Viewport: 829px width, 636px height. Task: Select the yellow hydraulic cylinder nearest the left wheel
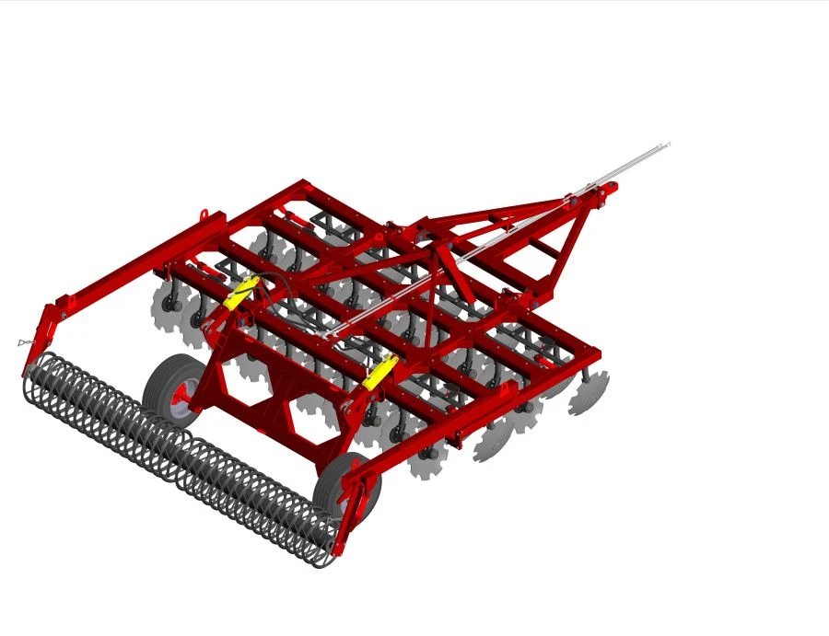(x=242, y=292)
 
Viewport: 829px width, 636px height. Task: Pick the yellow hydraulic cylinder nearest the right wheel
(x=379, y=371)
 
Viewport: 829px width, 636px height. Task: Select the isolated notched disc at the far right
(x=590, y=393)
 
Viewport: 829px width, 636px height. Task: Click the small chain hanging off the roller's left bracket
(x=25, y=342)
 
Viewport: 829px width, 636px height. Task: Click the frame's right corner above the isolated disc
(x=595, y=354)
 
